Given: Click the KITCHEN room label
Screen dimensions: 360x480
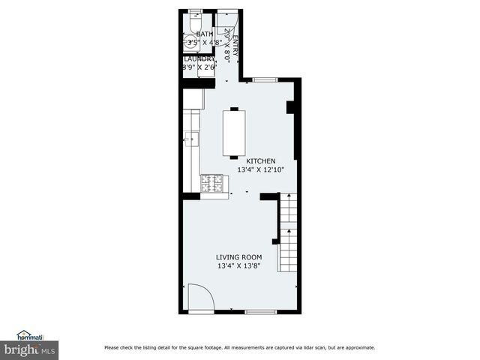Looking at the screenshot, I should [x=256, y=161].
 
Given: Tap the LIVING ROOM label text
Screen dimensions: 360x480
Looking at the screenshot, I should [x=239, y=257].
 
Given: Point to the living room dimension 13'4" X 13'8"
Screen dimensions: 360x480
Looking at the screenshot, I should [x=239, y=266].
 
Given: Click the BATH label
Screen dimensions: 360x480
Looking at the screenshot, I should [x=204, y=34].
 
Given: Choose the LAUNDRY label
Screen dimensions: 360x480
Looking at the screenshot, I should [x=199, y=58].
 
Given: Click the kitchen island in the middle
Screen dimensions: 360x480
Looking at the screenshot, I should [x=235, y=133].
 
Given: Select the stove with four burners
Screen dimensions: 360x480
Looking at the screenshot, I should [x=214, y=182].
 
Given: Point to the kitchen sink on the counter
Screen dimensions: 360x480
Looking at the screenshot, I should [x=192, y=137].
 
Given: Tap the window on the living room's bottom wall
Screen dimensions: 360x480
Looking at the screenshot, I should [x=261, y=311].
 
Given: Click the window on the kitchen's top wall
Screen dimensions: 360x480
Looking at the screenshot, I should [x=264, y=79].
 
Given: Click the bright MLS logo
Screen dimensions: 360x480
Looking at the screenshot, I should [x=29, y=349].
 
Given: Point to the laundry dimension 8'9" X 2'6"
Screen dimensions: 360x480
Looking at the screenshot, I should [x=199, y=67].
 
